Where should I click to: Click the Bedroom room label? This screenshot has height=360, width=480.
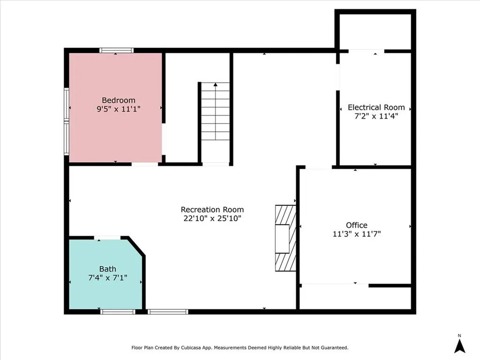(119, 100)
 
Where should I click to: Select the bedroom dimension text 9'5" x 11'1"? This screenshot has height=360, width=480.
(119, 109)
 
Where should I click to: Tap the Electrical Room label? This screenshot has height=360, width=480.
(376, 107)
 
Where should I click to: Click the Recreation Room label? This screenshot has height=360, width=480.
(212, 210)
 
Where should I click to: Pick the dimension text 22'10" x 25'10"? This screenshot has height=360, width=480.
(212, 218)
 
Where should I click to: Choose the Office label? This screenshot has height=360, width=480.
(357, 225)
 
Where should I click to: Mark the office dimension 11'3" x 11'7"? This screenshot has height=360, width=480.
(357, 233)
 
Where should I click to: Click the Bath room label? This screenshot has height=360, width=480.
(107, 269)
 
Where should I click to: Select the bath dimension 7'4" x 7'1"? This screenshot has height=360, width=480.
(107, 278)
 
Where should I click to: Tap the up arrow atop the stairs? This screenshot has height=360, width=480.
(216, 85)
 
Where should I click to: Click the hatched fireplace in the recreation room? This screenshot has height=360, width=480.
(285, 238)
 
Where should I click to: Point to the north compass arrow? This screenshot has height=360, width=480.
(460, 345)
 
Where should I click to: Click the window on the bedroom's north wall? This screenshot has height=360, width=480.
(116, 50)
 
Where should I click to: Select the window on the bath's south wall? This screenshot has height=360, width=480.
(118, 311)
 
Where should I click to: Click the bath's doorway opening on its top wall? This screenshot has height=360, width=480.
(107, 238)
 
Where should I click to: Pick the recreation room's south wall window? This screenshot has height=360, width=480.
(168, 311)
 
